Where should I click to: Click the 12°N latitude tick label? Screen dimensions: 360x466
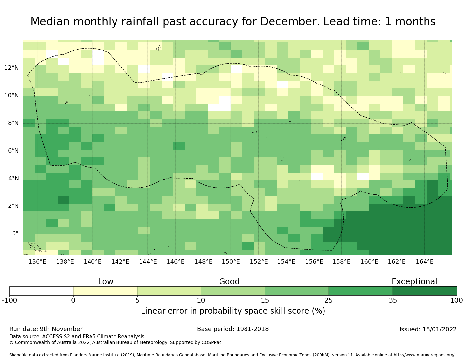11,68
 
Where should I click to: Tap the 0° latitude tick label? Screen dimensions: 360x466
15,234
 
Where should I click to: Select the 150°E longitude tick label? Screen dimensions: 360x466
231,262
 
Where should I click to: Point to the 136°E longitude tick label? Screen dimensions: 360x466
37,262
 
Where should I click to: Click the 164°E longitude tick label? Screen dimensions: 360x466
425,262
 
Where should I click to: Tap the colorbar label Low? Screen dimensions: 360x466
106,282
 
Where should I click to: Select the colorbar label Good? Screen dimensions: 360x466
229,282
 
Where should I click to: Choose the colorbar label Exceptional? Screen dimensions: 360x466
414,282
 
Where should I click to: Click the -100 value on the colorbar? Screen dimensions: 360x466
9,300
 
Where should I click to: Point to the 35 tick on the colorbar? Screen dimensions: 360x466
393,300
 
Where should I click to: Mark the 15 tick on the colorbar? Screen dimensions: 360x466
265,300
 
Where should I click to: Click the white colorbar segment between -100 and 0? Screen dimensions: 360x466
41,291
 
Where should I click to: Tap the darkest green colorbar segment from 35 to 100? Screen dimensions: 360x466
425,291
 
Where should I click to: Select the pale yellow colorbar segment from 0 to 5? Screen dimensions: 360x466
105,291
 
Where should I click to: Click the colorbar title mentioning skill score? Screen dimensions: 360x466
233,311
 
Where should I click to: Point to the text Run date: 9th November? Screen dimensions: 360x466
46,329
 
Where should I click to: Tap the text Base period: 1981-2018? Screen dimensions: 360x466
233,329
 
